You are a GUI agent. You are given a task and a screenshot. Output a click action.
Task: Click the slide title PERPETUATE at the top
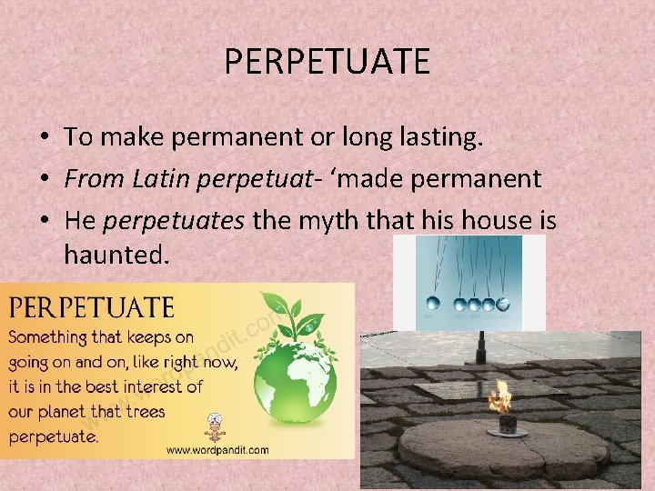tap(327, 62)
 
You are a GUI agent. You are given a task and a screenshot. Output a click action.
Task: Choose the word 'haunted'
tap(116, 256)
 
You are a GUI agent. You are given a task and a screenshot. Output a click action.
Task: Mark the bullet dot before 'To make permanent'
tap(44, 138)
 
